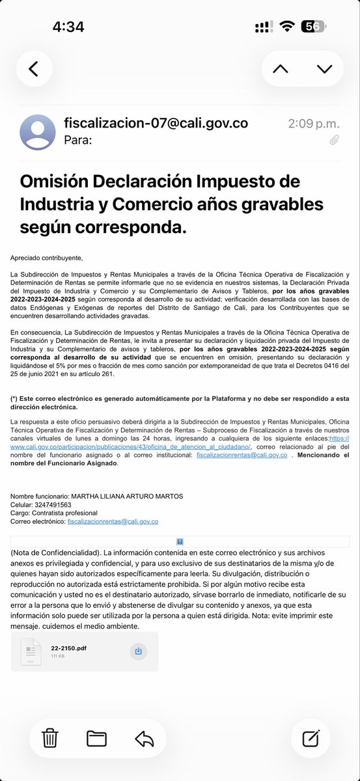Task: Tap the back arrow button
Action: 34,69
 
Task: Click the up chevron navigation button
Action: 281,69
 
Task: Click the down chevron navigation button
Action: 324,69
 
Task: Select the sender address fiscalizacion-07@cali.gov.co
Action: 156,123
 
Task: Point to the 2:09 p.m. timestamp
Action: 314,123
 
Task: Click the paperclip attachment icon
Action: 334,139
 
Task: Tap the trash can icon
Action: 50,738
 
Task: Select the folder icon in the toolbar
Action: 96,738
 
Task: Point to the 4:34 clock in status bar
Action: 68,27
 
